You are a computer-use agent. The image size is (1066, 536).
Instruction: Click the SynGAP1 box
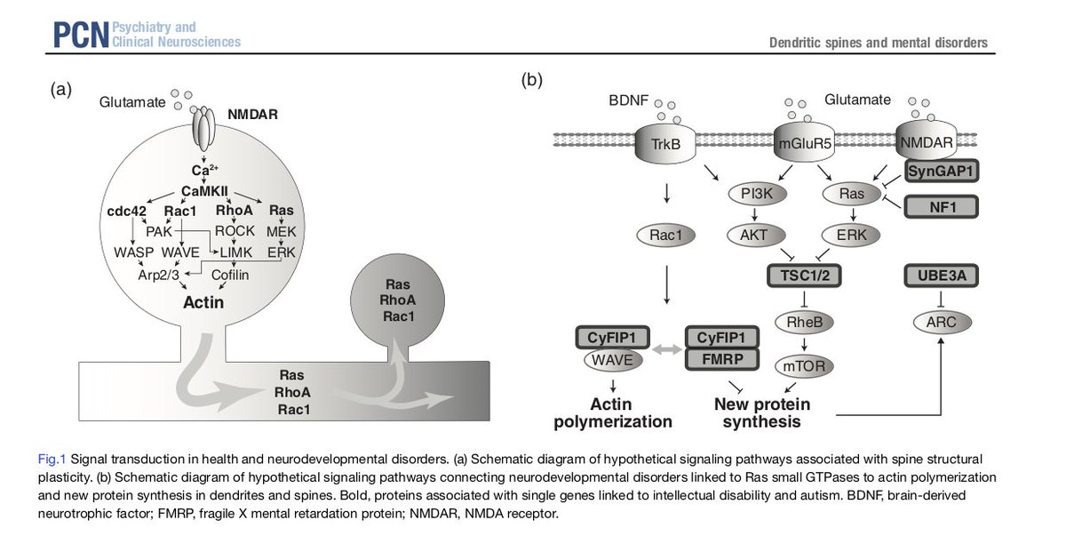(942, 169)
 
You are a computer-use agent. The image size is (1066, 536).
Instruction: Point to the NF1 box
(942, 207)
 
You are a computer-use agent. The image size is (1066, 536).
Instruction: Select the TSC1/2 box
(804, 276)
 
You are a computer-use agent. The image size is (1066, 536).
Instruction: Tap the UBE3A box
(942, 276)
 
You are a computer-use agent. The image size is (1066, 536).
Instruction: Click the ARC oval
(941, 322)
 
